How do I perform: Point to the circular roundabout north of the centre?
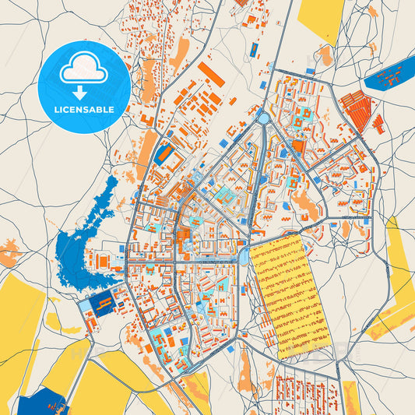click(263, 118)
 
